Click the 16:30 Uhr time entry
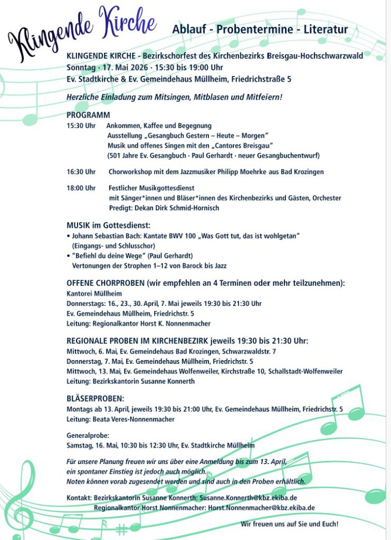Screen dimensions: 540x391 [81, 171]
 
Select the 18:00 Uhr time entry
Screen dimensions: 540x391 [81, 188]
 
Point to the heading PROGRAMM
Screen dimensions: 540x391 [88, 115]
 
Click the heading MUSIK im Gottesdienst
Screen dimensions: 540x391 [108, 225]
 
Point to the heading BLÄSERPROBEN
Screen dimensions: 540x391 [96, 398]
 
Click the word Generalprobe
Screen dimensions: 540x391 [88, 436]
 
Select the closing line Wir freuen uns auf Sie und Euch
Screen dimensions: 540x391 [289, 524]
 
